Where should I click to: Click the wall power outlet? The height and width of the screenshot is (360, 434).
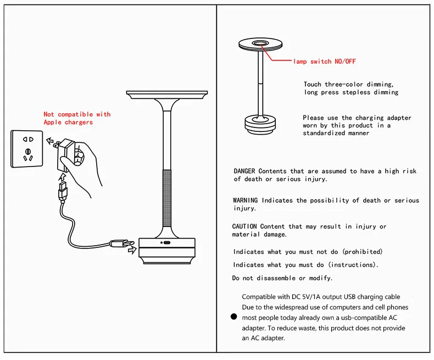(x=26, y=149)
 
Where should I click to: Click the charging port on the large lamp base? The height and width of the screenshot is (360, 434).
(x=167, y=243)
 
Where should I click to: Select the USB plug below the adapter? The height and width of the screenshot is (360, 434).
(x=63, y=191)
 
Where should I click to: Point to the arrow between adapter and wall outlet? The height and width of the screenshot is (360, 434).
(x=50, y=141)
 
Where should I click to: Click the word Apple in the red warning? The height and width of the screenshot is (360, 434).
(x=53, y=122)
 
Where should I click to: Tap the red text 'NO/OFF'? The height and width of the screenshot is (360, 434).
(x=345, y=61)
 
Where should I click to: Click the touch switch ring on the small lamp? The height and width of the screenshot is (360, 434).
(x=260, y=43)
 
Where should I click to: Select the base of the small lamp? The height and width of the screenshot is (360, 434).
(x=260, y=125)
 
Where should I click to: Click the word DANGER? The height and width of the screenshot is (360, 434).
(x=244, y=171)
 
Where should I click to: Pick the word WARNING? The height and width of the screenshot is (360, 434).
(x=245, y=200)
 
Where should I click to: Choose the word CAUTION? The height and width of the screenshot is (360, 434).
(x=244, y=226)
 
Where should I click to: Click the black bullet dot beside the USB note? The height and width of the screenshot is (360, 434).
(x=234, y=317)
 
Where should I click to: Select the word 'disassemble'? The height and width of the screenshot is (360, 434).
(x=276, y=278)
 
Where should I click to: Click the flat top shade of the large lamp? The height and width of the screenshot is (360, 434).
(x=167, y=94)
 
